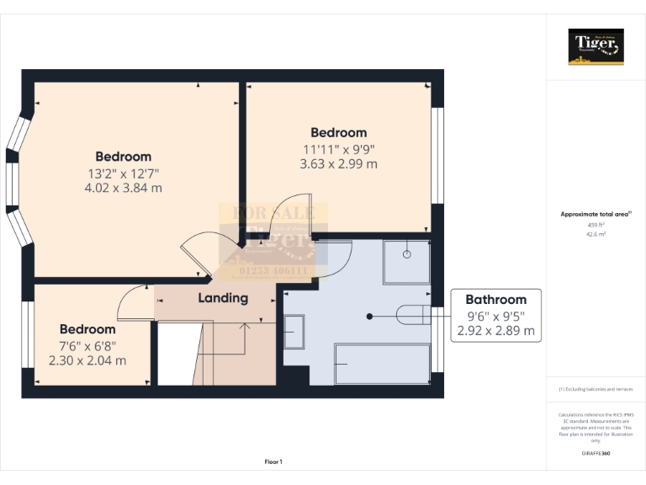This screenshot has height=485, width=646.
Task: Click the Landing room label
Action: (x=223, y=298)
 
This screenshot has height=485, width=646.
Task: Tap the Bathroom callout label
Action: (x=495, y=299)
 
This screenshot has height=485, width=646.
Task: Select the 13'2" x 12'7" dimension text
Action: (x=123, y=173)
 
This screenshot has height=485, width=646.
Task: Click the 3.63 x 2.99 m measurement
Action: (x=338, y=164)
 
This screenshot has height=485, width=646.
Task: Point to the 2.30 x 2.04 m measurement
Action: (x=87, y=360)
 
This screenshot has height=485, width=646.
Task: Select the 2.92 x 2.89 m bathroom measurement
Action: (x=495, y=331)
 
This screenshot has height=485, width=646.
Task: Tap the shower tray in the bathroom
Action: (x=408, y=260)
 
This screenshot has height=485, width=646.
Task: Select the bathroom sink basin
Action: (x=294, y=332)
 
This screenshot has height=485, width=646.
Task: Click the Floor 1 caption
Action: (x=273, y=461)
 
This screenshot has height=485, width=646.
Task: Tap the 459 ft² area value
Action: (x=596, y=225)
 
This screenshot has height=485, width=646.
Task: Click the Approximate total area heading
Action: (x=596, y=214)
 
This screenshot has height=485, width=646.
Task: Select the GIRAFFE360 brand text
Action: (x=596, y=453)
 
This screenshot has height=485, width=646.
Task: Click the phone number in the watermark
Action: (x=274, y=271)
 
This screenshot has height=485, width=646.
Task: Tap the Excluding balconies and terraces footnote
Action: (x=596, y=389)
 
